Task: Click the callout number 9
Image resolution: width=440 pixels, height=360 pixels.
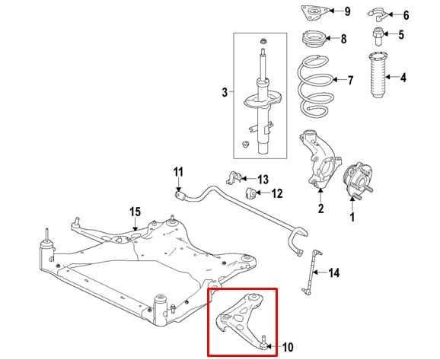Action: pos(347,11)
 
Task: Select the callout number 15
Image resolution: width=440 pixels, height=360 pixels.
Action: pos(135,212)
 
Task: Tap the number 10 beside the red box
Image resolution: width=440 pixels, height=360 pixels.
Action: pos(287,347)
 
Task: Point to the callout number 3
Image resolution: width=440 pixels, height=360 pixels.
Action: pos(225,92)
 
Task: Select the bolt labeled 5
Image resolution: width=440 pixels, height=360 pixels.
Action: pos(378,36)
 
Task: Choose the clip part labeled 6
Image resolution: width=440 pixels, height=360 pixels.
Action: pos(378,14)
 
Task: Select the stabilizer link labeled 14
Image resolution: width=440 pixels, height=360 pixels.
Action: pos(311,271)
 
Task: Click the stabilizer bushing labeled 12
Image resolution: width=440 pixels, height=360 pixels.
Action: pos(250,193)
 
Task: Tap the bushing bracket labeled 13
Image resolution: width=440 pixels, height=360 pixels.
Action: pos(234,177)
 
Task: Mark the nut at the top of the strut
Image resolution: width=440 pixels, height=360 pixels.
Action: pos(263,41)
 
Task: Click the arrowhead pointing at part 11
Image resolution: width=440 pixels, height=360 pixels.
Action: pos(178,189)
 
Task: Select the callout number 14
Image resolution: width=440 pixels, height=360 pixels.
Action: pos(333,272)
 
